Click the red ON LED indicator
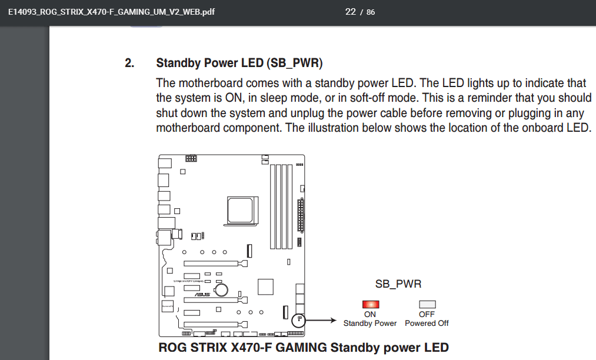pyautogui.click(x=370, y=304)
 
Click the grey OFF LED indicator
pyautogui.click(x=427, y=304)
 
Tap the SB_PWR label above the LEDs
pyautogui.click(x=398, y=284)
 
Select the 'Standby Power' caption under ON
pyautogui.click(x=370, y=323)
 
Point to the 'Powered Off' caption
pyautogui.click(x=427, y=323)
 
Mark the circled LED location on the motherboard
pyautogui.click(x=299, y=321)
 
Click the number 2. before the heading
pyautogui.click(x=129, y=63)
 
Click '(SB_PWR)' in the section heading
pyautogui.click(x=294, y=63)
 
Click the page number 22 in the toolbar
pyautogui.click(x=351, y=12)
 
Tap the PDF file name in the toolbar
pyautogui.click(x=111, y=12)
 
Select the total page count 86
pyautogui.click(x=371, y=12)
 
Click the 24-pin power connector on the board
pyautogui.click(x=302, y=215)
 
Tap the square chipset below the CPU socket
pyautogui.click(x=267, y=285)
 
